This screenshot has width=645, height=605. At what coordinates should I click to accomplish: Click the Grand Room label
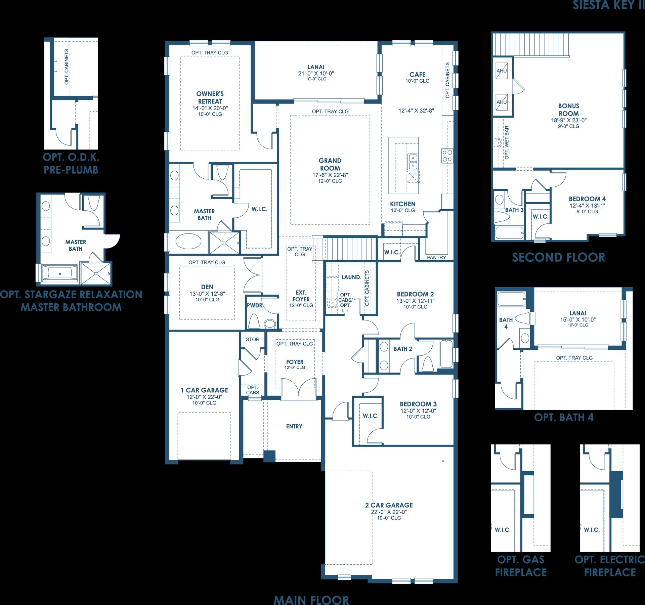coord(330,164)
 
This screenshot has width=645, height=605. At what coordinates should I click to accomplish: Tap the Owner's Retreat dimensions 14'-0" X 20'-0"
coord(210,108)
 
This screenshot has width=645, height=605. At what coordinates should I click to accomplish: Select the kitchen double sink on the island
coord(413,162)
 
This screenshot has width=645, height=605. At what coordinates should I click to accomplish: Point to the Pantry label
coord(436,257)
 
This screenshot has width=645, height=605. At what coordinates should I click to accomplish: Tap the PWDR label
coord(254,306)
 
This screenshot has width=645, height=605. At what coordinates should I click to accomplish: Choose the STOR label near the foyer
coord(253,339)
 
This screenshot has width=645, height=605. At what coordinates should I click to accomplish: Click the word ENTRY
coord(294,426)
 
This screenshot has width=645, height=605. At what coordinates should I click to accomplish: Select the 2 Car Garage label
coord(389,505)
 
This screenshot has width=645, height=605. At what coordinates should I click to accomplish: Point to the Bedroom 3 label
coord(418,404)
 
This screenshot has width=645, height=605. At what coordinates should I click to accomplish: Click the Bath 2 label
coord(403,349)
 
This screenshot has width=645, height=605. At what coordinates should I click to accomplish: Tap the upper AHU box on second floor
coord(502,71)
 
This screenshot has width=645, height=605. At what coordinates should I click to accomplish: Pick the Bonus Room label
coord(569,110)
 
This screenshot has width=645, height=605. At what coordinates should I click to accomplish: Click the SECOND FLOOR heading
coord(558,257)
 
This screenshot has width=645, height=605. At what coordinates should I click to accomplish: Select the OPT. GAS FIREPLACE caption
coord(521,566)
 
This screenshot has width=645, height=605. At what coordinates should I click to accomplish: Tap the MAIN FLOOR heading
coord(311,599)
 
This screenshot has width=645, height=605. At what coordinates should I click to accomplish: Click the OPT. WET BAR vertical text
coord(507,142)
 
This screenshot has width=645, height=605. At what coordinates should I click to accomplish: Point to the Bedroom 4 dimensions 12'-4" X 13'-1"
coord(587,206)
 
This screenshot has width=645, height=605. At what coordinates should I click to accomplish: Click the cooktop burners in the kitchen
coord(447,156)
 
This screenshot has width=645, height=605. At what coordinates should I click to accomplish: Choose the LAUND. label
coord(351,277)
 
